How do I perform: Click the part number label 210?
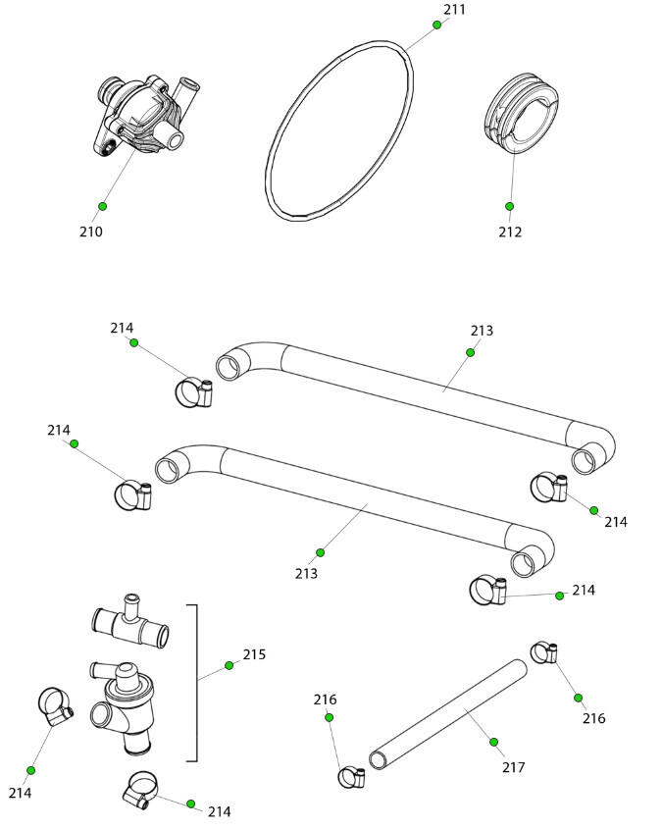click(90, 232)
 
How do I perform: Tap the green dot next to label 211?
click(437, 25)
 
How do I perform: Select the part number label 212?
click(510, 232)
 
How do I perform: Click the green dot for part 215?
click(229, 665)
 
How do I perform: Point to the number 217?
click(513, 767)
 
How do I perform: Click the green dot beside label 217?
click(493, 742)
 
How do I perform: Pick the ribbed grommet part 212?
click(521, 113)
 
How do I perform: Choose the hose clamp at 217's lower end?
click(351, 777)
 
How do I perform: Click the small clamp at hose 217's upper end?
click(544, 652)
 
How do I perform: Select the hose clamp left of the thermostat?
click(55, 706)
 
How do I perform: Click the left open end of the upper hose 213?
click(228, 367)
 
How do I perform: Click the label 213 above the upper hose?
click(482, 331)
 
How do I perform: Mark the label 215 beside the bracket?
click(254, 654)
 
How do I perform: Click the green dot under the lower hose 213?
click(320, 552)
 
